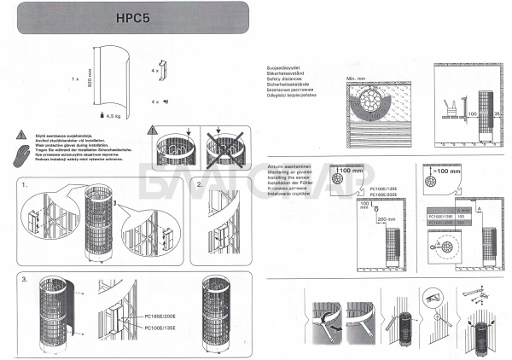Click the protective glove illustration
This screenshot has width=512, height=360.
point(21,153)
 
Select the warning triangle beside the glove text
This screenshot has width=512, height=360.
point(20,134)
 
